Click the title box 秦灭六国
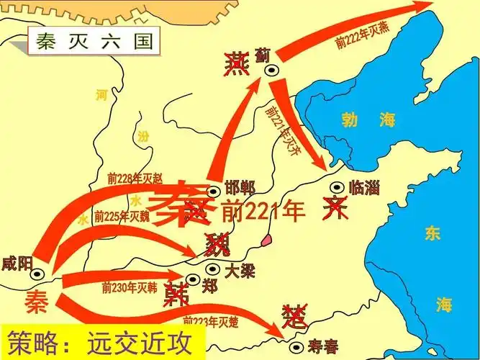[x=92, y=42]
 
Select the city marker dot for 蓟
[x=272, y=70]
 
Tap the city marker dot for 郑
[x=192, y=279]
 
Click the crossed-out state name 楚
[x=295, y=315]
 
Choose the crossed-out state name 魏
[x=217, y=246]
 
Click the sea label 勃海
[x=369, y=121]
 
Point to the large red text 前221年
[x=264, y=212]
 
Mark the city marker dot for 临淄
[x=336, y=188]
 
